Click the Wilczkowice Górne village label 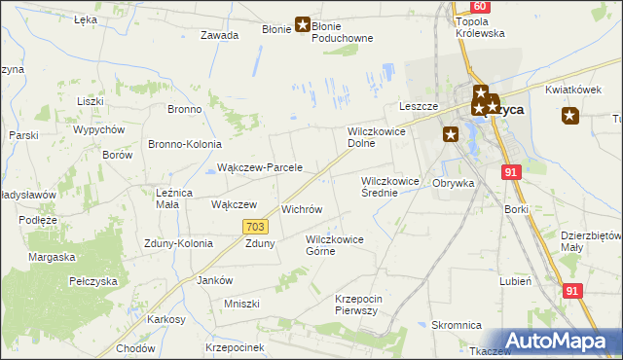click(x=334, y=245)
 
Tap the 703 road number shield click(x=255, y=227)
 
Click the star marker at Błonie click(x=302, y=26)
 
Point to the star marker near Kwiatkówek click(x=570, y=116)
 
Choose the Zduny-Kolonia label click(x=178, y=243)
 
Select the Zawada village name click(x=220, y=35)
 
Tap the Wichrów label click(x=302, y=209)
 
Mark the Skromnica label click(x=457, y=326)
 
